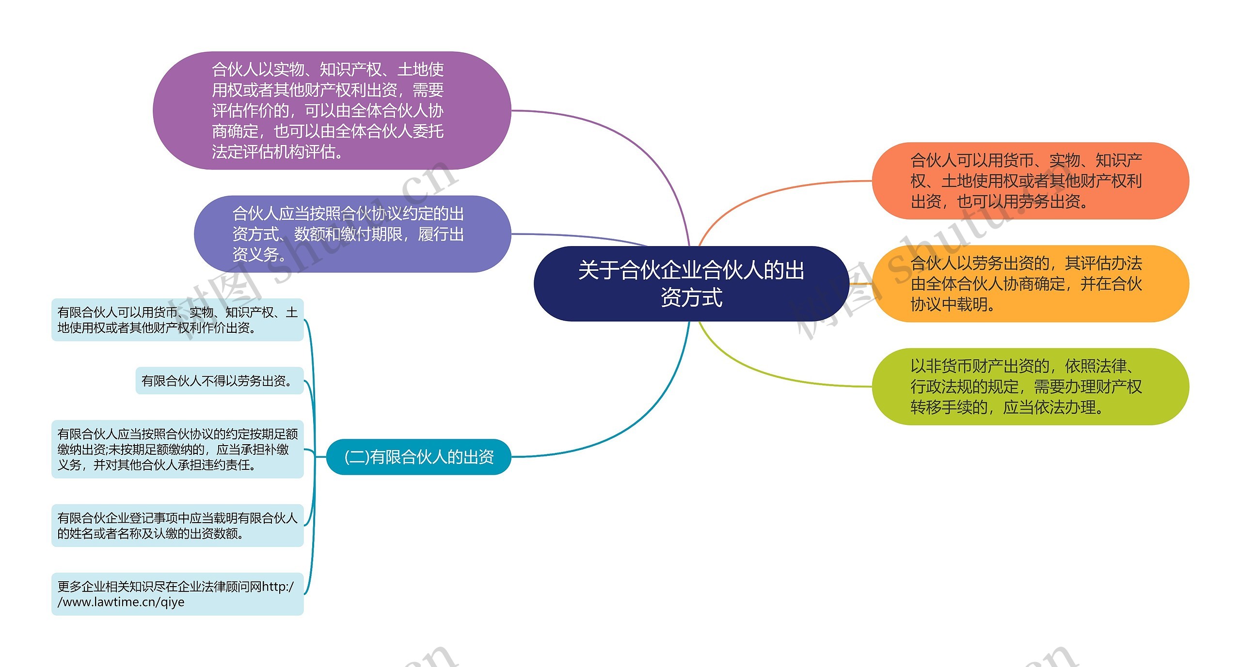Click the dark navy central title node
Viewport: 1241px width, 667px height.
coord(691,283)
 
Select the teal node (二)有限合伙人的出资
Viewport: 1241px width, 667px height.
coord(419,457)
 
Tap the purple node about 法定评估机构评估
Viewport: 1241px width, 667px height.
coord(332,110)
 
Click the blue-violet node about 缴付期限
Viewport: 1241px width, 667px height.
coord(352,234)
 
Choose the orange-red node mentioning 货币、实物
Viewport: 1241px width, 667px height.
coord(1030,181)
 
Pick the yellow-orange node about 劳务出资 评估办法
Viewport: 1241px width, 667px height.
coord(1030,284)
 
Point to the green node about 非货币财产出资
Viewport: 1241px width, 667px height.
coord(1030,387)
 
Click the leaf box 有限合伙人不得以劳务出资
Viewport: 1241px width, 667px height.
coord(219,381)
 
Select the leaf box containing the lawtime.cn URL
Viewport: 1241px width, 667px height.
coord(177,594)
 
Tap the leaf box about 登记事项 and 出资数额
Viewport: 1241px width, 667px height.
coord(177,526)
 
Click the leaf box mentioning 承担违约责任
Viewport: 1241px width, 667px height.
coord(177,449)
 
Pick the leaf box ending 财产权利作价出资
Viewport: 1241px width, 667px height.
coord(177,320)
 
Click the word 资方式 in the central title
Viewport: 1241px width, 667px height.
coord(691,297)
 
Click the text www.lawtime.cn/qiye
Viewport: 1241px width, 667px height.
coord(121,602)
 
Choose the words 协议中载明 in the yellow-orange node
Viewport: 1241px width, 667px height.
coord(949,305)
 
